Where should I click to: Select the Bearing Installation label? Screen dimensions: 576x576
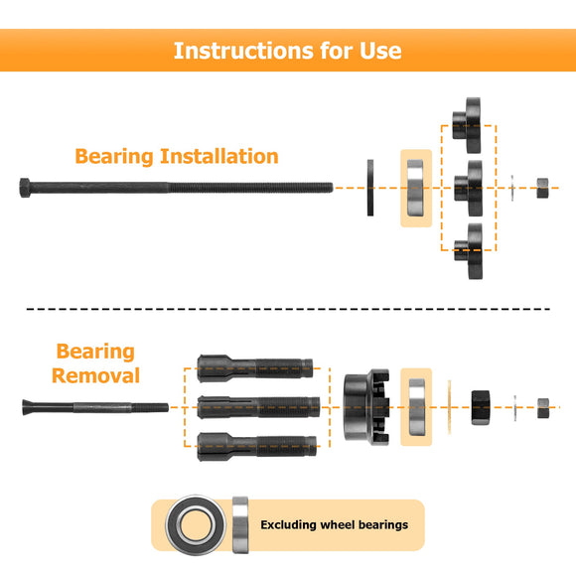(x=177, y=156)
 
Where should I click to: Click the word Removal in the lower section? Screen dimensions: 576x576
(x=95, y=375)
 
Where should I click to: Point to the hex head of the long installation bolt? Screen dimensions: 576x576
(x=27, y=186)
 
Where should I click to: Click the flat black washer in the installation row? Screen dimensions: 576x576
(x=371, y=186)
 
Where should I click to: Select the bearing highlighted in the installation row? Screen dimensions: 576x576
(x=415, y=187)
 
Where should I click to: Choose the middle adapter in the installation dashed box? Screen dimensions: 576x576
(x=469, y=185)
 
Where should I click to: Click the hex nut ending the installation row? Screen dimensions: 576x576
(x=544, y=186)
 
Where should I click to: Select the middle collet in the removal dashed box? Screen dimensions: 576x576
(x=256, y=407)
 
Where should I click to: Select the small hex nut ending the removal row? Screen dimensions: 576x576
(x=543, y=407)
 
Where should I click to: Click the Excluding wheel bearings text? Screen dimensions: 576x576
(x=334, y=524)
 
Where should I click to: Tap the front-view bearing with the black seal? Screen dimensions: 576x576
(x=199, y=524)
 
